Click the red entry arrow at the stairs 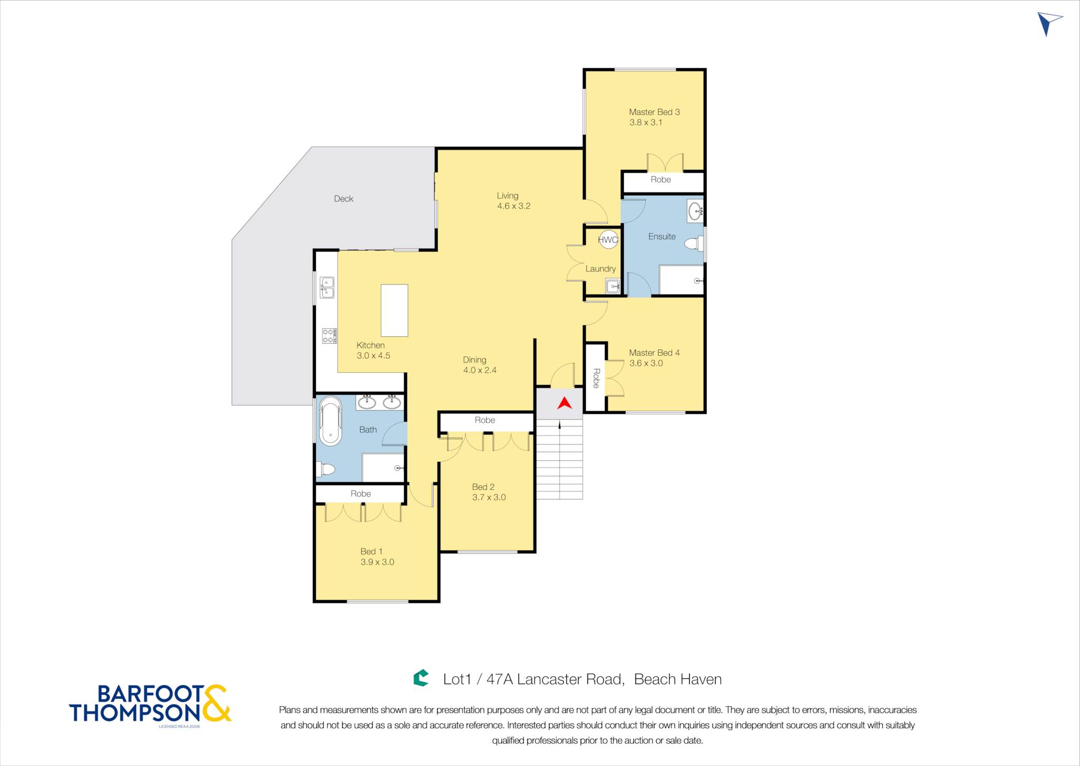pos(565,403)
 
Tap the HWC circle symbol pos(608,240)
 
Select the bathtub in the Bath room pos(331,421)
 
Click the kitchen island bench pos(394,310)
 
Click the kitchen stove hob pos(329,336)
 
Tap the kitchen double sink pos(327,287)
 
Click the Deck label pos(343,198)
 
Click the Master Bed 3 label pos(654,112)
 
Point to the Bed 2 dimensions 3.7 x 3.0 pos(489,497)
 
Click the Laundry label pos(601,269)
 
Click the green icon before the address pos(421,678)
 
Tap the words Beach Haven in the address pos(678,679)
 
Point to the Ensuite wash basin pos(696,211)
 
